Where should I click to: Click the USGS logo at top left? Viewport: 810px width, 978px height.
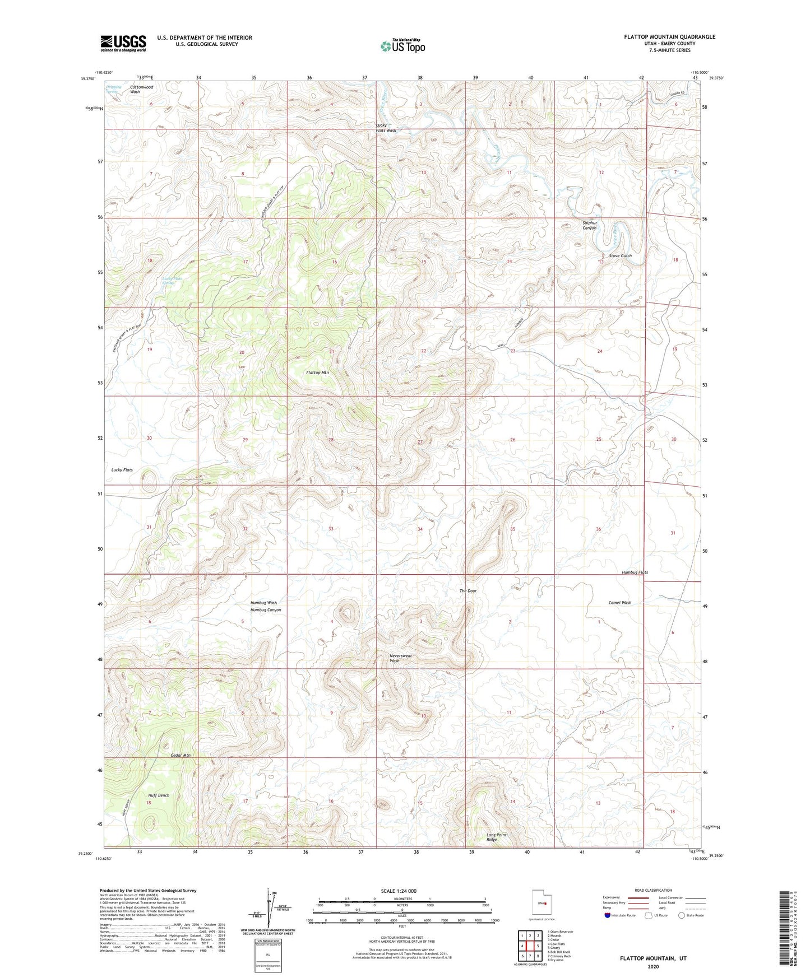pos(123,43)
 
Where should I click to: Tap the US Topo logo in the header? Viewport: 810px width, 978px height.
pos(402,46)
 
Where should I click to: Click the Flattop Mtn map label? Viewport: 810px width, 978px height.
pos(317,372)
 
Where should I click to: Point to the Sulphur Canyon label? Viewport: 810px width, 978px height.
pos(590,225)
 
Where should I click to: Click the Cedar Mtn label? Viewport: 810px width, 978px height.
pos(180,756)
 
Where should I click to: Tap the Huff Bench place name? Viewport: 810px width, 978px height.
pos(159,795)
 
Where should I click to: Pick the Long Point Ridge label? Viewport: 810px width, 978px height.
pos(496,837)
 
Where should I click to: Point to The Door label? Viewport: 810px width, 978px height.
pos(468,591)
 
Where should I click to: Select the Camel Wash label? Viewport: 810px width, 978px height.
pos(619,603)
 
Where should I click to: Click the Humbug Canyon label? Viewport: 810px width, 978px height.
pos(266,610)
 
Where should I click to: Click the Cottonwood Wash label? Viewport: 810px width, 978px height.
pos(141,89)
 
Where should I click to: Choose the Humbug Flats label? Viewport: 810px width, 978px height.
pos(635,572)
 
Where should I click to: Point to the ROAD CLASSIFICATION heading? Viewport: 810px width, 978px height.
pos(652,890)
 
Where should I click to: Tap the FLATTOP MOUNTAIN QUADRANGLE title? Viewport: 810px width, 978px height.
pos(669,37)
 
